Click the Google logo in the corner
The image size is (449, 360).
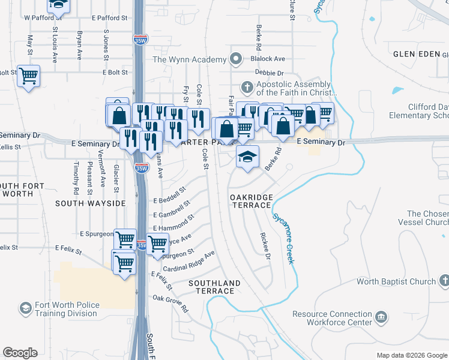[20, 353]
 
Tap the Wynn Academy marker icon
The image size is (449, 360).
[236, 59]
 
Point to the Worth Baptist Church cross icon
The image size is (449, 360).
[443, 280]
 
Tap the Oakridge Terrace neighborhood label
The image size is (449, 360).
[251, 201]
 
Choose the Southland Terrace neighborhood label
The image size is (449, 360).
[214, 287]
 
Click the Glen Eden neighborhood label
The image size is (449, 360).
[417, 54]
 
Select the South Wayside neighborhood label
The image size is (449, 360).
[90, 203]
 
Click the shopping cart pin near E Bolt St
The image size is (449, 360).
[28, 76]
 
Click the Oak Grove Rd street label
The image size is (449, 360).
[170, 303]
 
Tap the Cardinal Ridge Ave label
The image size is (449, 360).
[188, 261]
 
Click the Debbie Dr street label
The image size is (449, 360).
[268, 72]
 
